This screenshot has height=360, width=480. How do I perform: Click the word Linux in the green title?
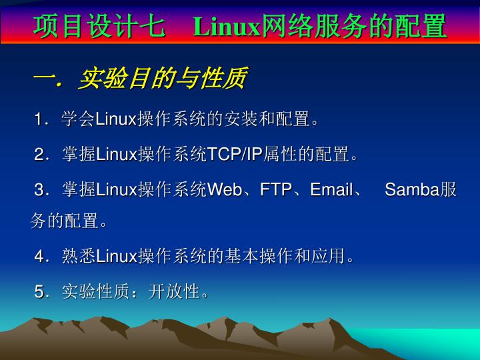[227, 27]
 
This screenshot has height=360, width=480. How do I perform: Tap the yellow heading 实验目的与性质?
[163, 78]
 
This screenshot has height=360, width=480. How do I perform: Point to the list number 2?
[39, 154]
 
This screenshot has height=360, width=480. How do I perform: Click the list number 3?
[39, 189]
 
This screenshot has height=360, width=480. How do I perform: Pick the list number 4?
[39, 256]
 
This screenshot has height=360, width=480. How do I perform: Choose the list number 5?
[39, 291]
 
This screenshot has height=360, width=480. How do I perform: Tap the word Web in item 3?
[225, 189]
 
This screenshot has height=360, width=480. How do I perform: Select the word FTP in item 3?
[276, 189]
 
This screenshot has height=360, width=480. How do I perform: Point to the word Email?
[331, 189]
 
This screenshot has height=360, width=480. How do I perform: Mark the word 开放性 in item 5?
[175, 291]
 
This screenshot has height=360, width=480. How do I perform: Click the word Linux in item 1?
[116, 119]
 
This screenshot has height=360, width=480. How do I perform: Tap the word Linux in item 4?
[116, 256]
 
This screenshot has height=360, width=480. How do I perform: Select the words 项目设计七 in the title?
[99, 27]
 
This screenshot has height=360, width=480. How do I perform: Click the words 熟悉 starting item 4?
[79, 256]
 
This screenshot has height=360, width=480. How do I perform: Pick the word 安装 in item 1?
[241, 119]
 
